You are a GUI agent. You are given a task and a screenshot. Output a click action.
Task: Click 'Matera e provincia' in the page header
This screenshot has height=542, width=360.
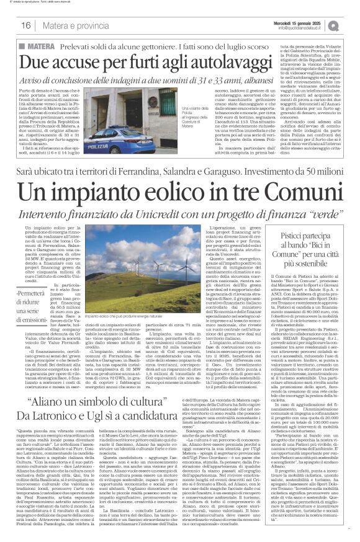pyautogui.click(x=71, y=25)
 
